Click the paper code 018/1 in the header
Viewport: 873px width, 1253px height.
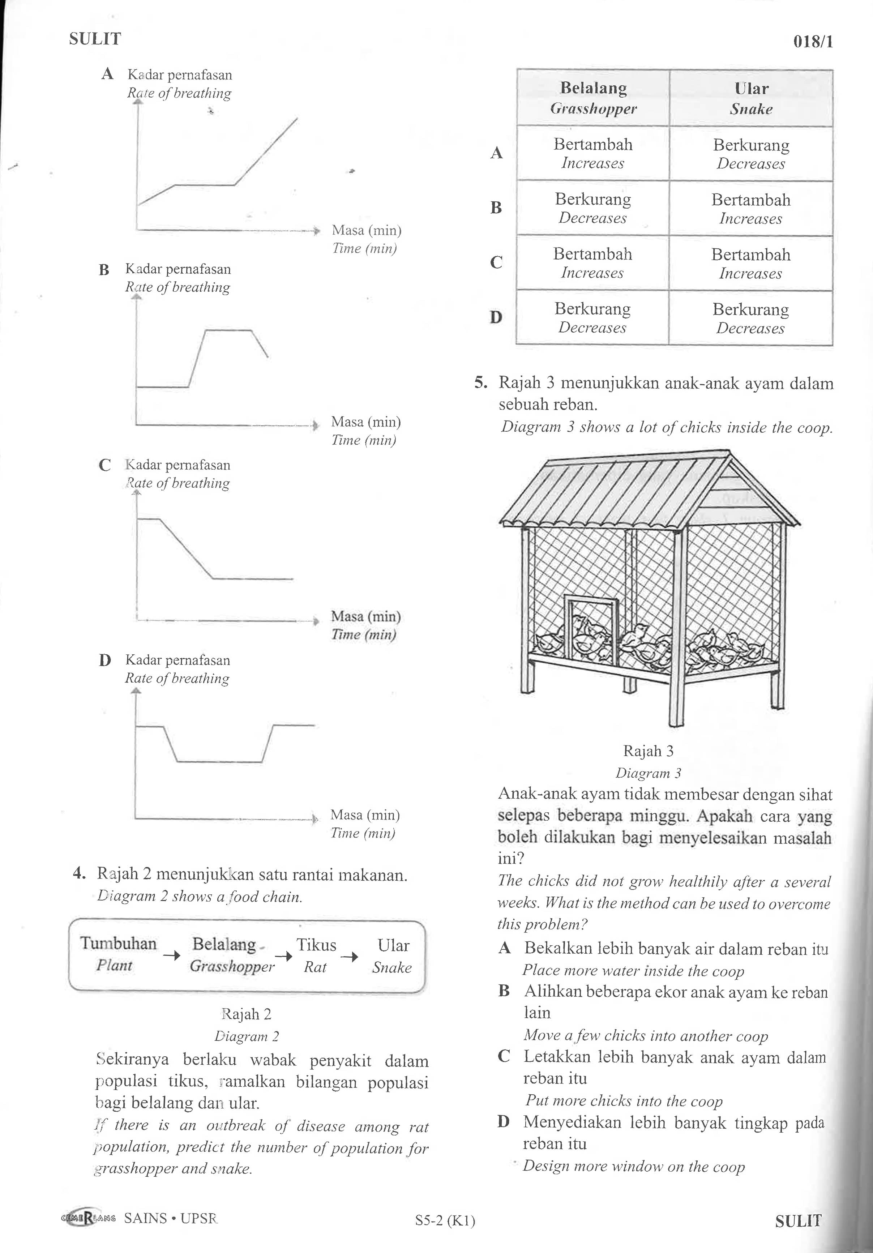813,42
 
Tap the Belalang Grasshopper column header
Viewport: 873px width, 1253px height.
593,98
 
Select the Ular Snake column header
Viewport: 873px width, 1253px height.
751,98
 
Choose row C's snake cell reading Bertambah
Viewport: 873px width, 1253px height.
751,263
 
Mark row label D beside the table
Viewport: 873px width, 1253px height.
496,317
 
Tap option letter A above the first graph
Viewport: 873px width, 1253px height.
107,74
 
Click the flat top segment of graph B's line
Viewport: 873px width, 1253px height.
228,330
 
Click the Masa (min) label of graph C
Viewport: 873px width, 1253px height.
365,616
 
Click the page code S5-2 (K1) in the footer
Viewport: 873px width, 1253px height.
445,1221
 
